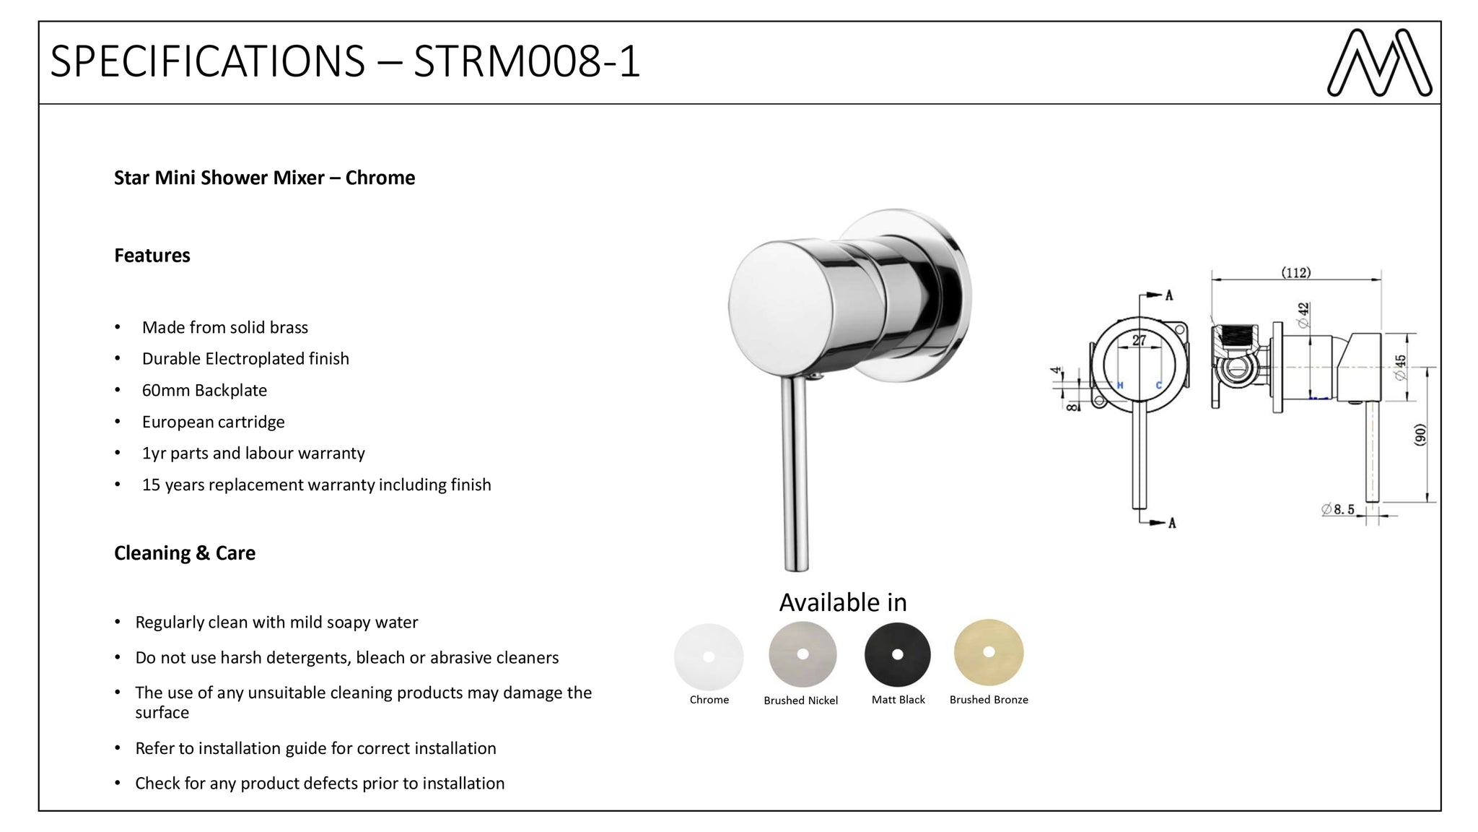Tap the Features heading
(152, 256)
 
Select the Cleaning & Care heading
(185, 553)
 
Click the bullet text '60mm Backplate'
(204, 391)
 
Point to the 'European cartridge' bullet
(214, 422)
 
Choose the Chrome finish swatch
(709, 656)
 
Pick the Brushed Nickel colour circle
(803, 654)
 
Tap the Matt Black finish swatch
(897, 654)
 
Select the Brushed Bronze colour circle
(989, 652)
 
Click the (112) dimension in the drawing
(1296, 272)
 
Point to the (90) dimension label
(1420, 435)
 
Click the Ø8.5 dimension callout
(1338, 509)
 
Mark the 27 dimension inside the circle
(1139, 340)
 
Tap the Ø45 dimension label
(1400, 368)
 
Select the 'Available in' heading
(843, 602)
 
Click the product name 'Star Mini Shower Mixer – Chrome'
(265, 178)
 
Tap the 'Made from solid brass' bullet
(225, 328)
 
